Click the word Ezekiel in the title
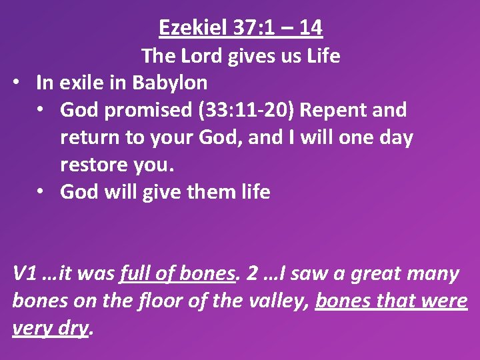point(189,28)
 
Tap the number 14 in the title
point(310,28)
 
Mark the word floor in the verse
point(153,301)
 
